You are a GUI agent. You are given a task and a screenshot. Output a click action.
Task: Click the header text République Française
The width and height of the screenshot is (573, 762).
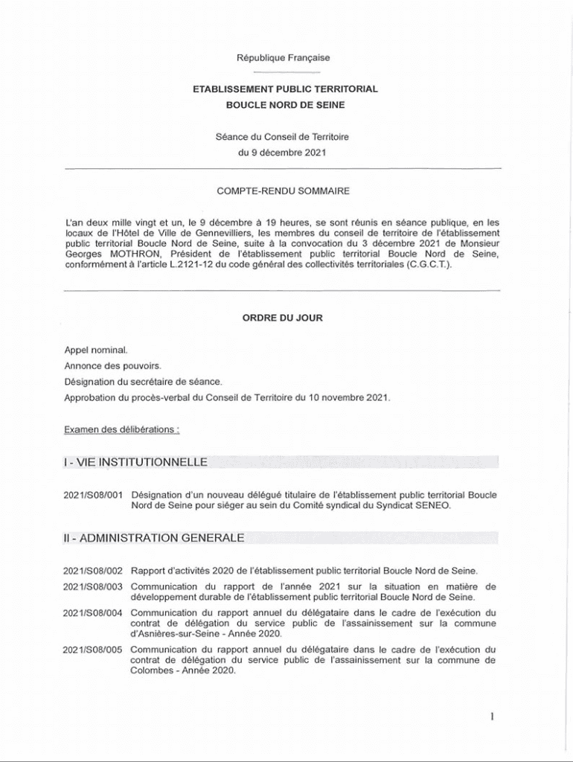tap(283, 57)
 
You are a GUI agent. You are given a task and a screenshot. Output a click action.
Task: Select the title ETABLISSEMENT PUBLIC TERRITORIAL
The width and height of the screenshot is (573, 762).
tap(286, 89)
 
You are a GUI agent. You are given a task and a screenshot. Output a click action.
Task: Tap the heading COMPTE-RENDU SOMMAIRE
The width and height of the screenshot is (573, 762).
tap(283, 191)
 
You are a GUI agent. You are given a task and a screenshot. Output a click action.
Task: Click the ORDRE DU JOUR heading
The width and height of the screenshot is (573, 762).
tap(283, 317)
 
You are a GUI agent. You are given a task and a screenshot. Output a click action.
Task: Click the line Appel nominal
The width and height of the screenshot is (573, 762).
tap(96, 349)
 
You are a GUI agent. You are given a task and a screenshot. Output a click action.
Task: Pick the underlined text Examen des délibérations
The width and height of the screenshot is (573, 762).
tap(121, 429)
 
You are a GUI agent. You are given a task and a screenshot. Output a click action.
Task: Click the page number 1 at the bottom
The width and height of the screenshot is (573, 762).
tap(492, 717)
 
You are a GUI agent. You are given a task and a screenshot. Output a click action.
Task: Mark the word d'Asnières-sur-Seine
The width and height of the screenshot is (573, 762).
tap(177, 634)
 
